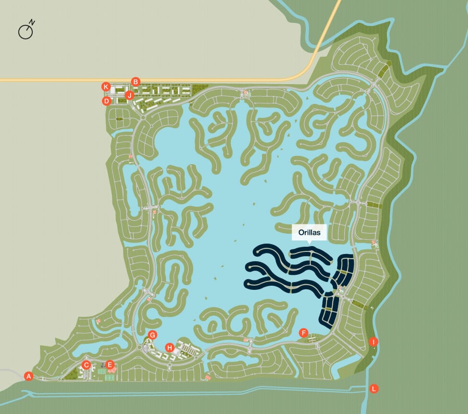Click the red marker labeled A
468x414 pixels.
pos(29,376)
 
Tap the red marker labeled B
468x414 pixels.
pos(136,82)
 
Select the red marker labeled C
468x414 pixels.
pos(87,365)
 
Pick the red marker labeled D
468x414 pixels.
pos(107,101)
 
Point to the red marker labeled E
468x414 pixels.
pos(110,365)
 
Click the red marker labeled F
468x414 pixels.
pos(304,332)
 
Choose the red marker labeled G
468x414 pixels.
pos(152,335)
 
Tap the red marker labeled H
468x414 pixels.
pos(170,347)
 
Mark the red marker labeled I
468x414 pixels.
pos(373,342)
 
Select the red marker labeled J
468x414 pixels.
pos(129,95)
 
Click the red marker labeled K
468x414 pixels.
pos(106,86)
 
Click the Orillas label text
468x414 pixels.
pos(309,233)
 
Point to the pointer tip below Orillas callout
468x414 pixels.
pos(309,243)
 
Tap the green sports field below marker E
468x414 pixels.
pos(110,378)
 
